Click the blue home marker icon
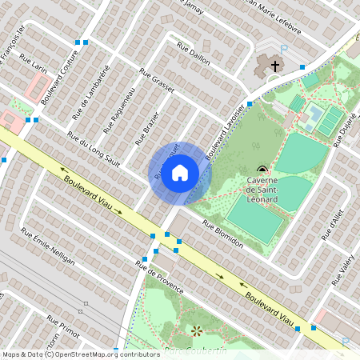tap(180, 173)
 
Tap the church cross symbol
tap(275, 65)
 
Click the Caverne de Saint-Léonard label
tap(262, 190)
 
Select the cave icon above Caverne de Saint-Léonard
tap(262, 169)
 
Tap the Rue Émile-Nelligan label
tap(47, 248)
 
